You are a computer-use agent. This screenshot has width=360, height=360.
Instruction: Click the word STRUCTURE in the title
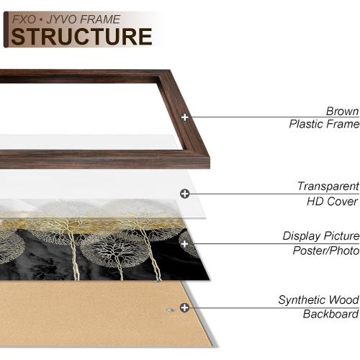tap(81, 37)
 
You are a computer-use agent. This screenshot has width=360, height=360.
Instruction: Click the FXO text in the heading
tap(24, 19)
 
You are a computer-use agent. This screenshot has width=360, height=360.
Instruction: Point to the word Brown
tap(342, 111)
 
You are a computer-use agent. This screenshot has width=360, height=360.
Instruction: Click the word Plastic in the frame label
tap(306, 124)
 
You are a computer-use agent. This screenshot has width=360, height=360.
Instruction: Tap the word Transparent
tap(328, 186)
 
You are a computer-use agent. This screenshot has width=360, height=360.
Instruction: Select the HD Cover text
tap(333, 201)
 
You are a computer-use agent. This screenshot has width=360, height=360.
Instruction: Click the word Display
tap(298, 236)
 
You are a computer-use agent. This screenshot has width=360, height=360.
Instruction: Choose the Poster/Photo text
tap(326, 251)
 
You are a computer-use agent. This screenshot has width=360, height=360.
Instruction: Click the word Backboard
tap(330, 314)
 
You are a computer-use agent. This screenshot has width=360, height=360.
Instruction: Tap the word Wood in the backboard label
tap(343, 300)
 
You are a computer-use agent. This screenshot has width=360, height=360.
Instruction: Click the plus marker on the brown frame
tap(184, 117)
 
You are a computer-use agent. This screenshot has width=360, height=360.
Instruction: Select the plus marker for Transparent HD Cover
tap(184, 194)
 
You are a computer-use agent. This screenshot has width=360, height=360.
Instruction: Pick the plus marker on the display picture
tap(184, 244)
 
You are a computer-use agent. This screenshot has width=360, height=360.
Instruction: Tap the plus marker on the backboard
tap(184, 307)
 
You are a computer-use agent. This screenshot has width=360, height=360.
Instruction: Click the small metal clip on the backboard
tap(170, 310)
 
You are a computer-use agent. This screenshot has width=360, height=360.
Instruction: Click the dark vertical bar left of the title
tap(6, 30)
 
